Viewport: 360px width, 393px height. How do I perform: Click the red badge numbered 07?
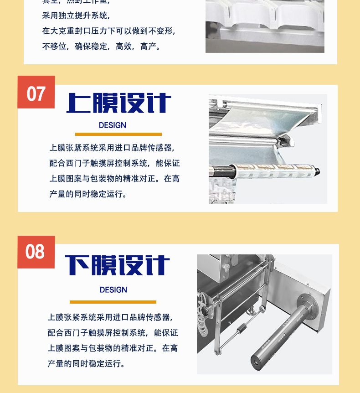pyautogui.click(x=36, y=93)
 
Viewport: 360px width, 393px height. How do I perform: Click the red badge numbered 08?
pyautogui.click(x=36, y=252)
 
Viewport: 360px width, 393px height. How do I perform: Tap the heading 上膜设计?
pyautogui.click(x=119, y=104)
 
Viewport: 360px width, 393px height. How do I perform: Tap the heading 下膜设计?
pyautogui.click(x=118, y=265)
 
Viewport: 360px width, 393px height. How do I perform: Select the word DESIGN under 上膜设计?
pyautogui.click(x=113, y=125)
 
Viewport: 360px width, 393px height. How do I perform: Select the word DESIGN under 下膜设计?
pyautogui.click(x=113, y=290)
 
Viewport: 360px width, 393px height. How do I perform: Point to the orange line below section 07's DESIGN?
pyautogui.click(x=118, y=134)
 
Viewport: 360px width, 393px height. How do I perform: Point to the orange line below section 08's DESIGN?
pyautogui.click(x=113, y=302)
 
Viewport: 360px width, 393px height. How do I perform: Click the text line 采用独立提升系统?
pyautogui.click(x=76, y=16)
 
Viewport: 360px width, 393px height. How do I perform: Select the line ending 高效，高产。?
pyautogui.click(x=101, y=47)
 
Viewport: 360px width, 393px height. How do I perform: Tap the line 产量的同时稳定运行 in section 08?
pyautogui.click(x=86, y=364)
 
